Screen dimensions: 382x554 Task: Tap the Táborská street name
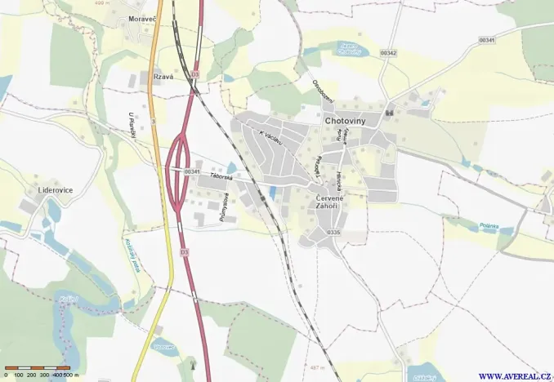tap(221, 175)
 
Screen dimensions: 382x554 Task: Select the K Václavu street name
tap(270, 140)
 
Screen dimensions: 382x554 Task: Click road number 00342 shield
tap(388, 53)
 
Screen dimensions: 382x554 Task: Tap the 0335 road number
tap(333, 233)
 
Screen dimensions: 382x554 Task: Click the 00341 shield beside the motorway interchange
tap(192, 171)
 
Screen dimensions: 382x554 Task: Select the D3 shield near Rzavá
tap(195, 74)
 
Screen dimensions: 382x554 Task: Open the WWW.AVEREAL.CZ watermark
tap(514, 375)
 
